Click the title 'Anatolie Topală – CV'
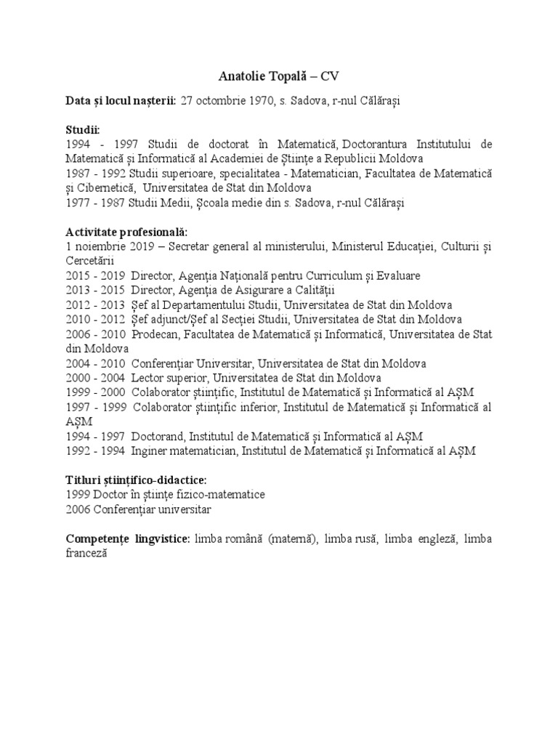pyautogui.click(x=279, y=76)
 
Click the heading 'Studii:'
pyautogui.click(x=83, y=129)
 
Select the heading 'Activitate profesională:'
pyautogui.click(x=126, y=232)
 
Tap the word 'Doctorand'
pyautogui.click(x=158, y=436)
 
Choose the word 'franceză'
pyautogui.click(x=86, y=553)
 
